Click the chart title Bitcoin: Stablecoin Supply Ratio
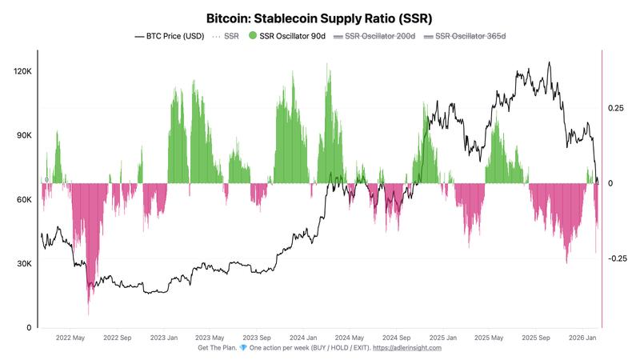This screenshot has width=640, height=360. pos(320,18)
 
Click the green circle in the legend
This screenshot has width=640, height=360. pos(254,36)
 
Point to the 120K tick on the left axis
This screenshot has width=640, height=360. pos(21,72)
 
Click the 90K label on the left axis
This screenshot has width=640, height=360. pos(23,136)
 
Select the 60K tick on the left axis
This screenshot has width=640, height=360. pos(23,200)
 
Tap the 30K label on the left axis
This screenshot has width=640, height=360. pos(23,264)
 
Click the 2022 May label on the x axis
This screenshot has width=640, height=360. pos(70,338)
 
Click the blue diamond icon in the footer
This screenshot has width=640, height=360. pos(243,348)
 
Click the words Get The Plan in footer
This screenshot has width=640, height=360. pos(217,348)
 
